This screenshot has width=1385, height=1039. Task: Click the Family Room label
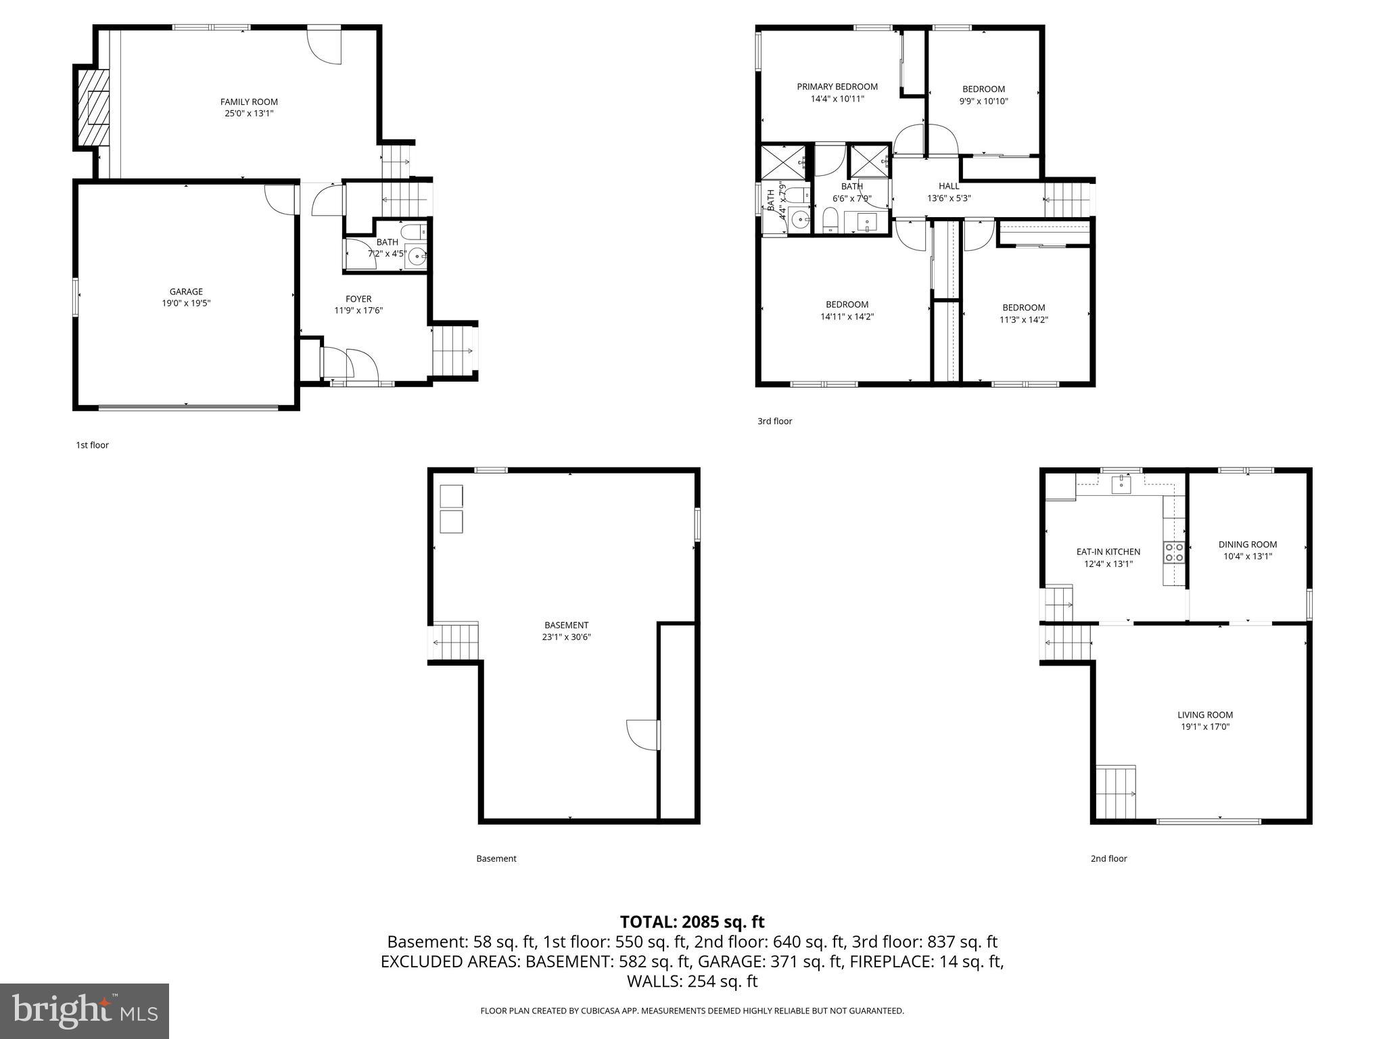tap(249, 102)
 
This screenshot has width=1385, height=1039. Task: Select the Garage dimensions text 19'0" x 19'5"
tap(186, 304)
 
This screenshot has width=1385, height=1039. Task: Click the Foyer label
tap(358, 299)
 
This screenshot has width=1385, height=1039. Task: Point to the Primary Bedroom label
tap(837, 87)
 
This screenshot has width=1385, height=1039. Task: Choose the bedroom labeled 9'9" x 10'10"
tap(983, 95)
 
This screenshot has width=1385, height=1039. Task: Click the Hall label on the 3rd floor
tap(948, 186)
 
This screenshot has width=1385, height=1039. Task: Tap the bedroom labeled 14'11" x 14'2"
tap(847, 310)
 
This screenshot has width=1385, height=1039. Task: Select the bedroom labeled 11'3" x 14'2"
tap(1023, 314)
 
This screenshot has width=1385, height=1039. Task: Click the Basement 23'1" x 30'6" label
tap(566, 630)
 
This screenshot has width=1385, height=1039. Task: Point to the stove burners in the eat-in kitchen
tap(1174, 552)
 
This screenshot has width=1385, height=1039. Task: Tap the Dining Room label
tap(1248, 545)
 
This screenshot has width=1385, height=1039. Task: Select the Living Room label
tap(1205, 715)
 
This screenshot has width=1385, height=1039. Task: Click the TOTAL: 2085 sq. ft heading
tap(692, 922)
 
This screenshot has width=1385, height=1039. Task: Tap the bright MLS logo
tap(85, 1011)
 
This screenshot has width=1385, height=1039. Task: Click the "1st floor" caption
tap(92, 445)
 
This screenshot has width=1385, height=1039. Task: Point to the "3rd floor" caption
tap(774, 421)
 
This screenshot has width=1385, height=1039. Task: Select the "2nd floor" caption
tap(1108, 858)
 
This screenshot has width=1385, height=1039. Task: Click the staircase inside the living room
tap(1115, 791)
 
